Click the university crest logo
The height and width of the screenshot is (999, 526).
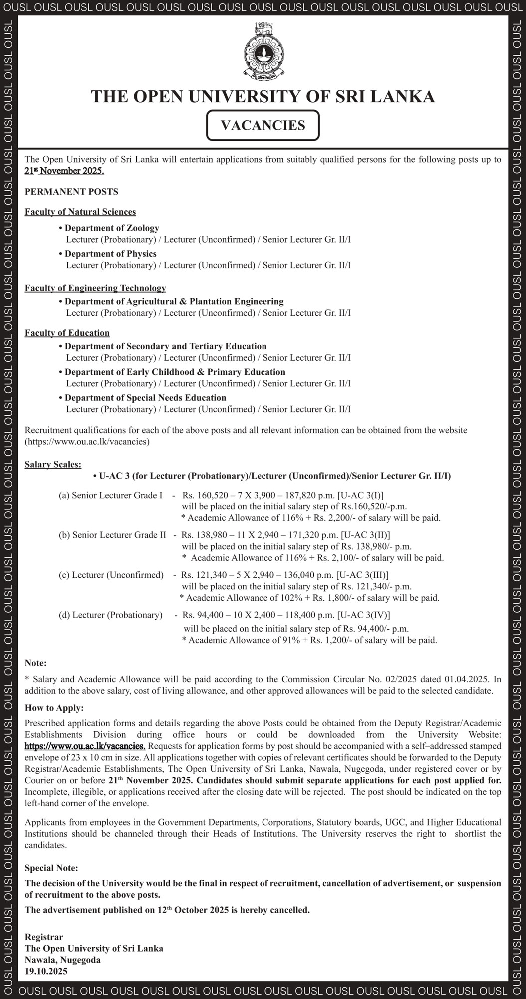[x=263, y=51]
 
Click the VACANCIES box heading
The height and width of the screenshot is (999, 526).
[x=263, y=125]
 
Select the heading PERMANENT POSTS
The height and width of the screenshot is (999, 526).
[x=71, y=192]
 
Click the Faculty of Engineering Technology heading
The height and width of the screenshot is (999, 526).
[x=95, y=288]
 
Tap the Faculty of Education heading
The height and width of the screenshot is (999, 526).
[x=67, y=333]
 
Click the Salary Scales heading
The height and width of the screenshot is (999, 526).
[x=53, y=465]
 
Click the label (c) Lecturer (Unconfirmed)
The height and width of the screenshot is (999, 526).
[x=111, y=575]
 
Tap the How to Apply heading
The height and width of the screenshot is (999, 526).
[x=54, y=708]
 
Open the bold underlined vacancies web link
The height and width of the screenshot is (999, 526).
[x=85, y=746]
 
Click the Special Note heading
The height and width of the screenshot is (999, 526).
[x=51, y=868]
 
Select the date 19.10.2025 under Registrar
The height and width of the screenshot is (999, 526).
[x=46, y=972]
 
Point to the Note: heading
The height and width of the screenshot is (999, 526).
[x=35, y=663]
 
